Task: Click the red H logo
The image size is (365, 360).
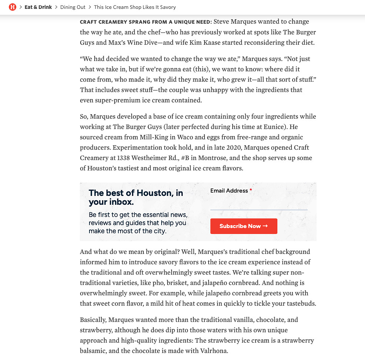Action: coord(13,7)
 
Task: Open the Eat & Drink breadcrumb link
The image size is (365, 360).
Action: coord(38,7)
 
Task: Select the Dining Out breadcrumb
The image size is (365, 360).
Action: coord(73,7)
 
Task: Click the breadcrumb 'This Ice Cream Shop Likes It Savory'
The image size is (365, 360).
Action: coord(135,7)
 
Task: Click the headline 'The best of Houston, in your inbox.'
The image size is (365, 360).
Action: coord(136,197)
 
